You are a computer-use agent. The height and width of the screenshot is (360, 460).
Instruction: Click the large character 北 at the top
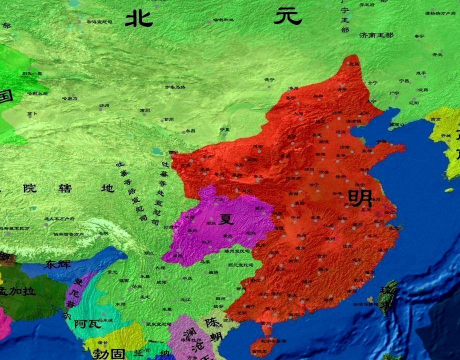point(138,18)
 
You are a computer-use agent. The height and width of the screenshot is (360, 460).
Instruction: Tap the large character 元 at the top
point(288,16)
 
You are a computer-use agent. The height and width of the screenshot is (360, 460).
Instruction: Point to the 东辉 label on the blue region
point(57,264)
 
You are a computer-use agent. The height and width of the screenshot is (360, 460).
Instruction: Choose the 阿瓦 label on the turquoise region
point(87,324)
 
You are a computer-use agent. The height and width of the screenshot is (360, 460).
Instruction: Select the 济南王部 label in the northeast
point(376,35)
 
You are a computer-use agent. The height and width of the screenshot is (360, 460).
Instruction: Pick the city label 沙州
point(104,105)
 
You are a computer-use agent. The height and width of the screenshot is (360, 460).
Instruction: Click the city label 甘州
point(168,120)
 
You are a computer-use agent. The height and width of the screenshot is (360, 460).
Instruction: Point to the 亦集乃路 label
point(175,87)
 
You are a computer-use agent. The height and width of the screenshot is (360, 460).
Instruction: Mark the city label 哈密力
point(69,98)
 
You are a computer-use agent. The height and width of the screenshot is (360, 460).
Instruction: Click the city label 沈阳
point(423,90)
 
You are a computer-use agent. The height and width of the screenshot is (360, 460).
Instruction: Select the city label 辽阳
point(413,103)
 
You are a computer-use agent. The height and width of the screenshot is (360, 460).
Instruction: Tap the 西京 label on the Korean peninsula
point(435,120)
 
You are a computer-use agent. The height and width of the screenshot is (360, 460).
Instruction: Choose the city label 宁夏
point(224,129)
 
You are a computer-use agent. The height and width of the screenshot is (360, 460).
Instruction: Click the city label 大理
point(159,268)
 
